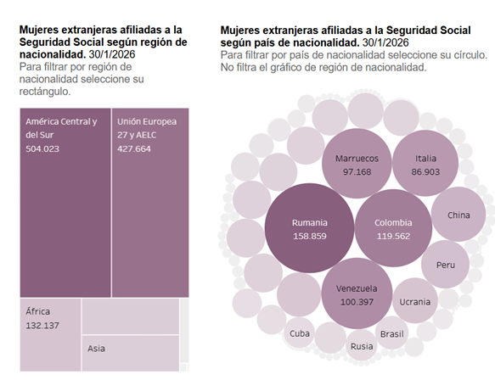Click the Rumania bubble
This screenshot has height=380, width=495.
pos(309,229)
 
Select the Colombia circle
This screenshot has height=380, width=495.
pos(392,229)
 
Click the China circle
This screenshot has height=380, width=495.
pos(458,215)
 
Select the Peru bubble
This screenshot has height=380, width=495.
pos(446,265)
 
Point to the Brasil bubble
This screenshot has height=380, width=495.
pos(392,334)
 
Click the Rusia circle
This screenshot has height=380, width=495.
pos(362,345)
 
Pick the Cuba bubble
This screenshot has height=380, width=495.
pos(300,332)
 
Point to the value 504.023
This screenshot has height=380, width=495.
pos(42,148)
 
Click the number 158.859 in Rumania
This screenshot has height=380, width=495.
pos(309,237)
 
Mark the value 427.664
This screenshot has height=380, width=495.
pos(135,148)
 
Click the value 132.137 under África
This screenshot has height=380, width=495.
pos(43,326)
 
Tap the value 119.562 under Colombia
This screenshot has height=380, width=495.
pos(392,237)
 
